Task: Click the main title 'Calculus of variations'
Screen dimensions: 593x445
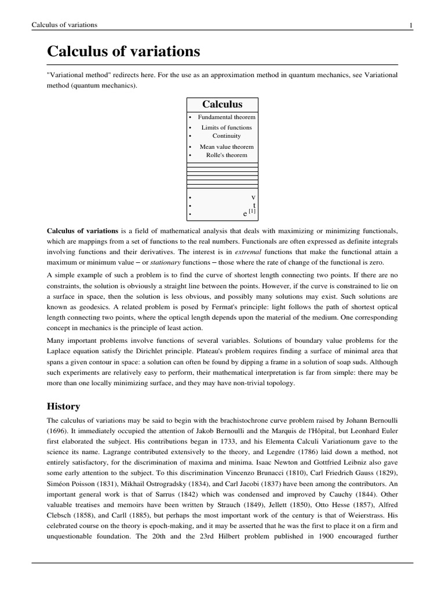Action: point(123,52)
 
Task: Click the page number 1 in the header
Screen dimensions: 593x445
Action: point(410,25)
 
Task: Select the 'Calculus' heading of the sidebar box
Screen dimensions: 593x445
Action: point(222,104)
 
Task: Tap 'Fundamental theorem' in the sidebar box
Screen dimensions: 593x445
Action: point(227,117)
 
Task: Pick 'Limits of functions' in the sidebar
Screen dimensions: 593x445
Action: point(227,127)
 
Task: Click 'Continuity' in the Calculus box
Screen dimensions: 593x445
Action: point(227,136)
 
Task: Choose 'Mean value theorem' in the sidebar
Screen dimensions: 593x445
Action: point(227,147)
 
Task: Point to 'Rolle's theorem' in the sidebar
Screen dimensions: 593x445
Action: point(227,155)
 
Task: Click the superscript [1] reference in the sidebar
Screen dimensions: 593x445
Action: point(252,211)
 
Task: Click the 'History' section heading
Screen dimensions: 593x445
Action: point(63,407)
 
